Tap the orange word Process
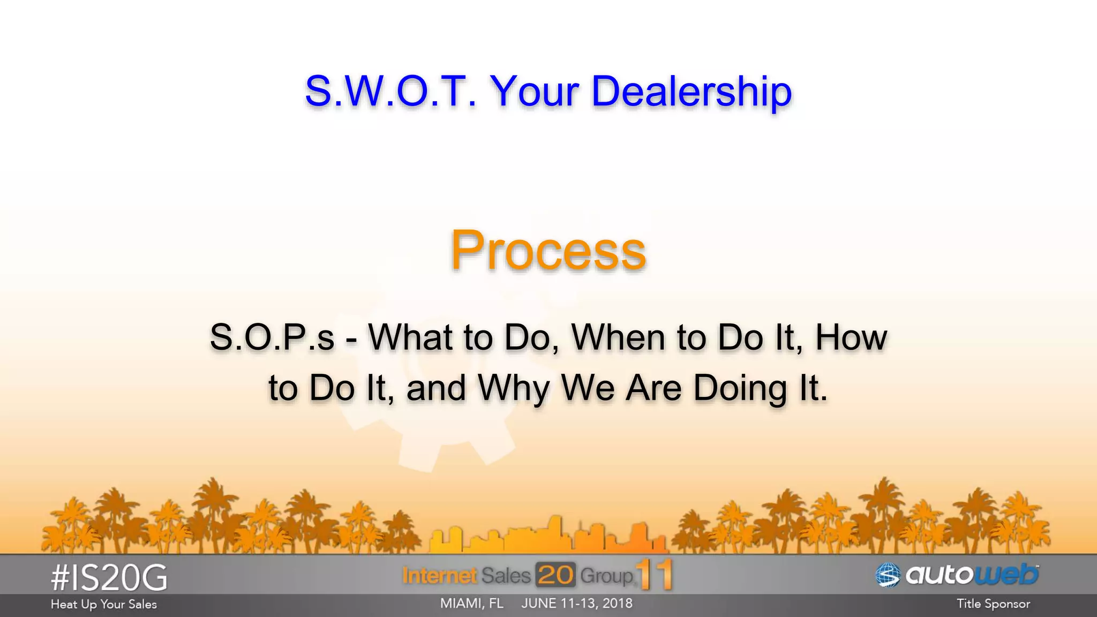click(x=548, y=251)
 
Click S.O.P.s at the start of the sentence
click(x=272, y=337)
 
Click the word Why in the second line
click(x=514, y=388)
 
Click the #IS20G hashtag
click(x=109, y=578)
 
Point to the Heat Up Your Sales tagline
click(x=104, y=604)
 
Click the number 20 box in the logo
click(x=555, y=575)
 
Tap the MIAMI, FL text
click(x=471, y=604)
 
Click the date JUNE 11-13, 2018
click(x=577, y=604)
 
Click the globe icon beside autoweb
click(x=888, y=575)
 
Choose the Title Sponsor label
click(x=993, y=604)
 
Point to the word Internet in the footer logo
click(x=439, y=575)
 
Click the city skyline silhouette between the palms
click(x=548, y=536)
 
